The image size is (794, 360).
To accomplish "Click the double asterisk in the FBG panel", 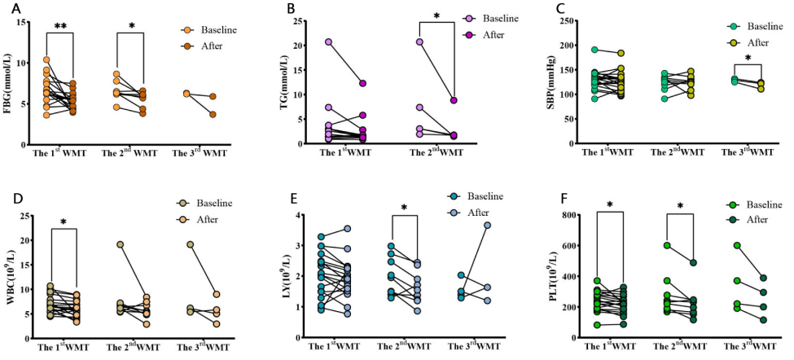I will tap(61, 26).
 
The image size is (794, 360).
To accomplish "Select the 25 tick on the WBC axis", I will tap(26, 217).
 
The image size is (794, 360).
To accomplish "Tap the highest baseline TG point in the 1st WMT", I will tap(306, 42).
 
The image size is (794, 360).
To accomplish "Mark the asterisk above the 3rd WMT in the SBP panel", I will tap(747, 59).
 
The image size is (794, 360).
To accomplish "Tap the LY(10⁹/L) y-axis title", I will tap(281, 276).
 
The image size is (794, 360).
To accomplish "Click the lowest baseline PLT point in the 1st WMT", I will tap(597, 325).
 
